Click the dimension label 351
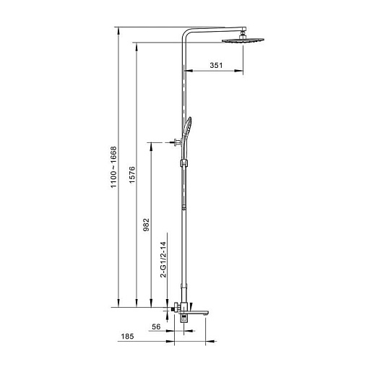tap(216, 65)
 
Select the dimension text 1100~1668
tap(113, 167)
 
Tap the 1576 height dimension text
tap(132, 175)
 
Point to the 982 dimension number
tap(146, 225)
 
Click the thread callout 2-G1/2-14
tap(163, 259)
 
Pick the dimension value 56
tap(156, 326)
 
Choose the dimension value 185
tap(127, 336)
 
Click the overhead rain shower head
tap(243, 40)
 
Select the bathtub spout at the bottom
tap(194, 313)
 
